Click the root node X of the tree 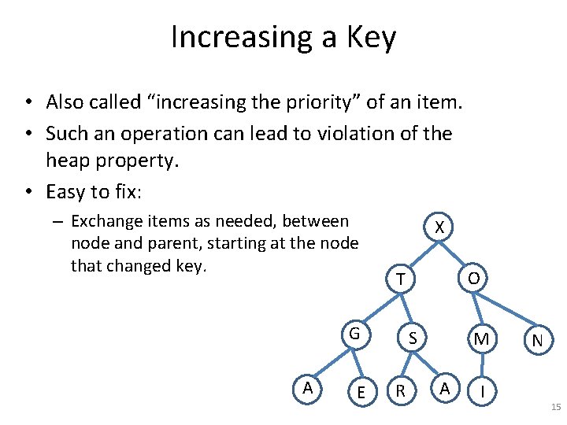[440, 228]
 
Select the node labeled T [401, 279]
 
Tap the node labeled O [473, 278]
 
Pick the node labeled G [354, 334]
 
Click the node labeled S [412, 338]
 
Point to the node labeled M [481, 339]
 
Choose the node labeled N [537, 341]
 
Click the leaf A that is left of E [308, 387]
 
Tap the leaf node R [401, 391]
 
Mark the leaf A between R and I [445, 387]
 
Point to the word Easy [67, 191]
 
